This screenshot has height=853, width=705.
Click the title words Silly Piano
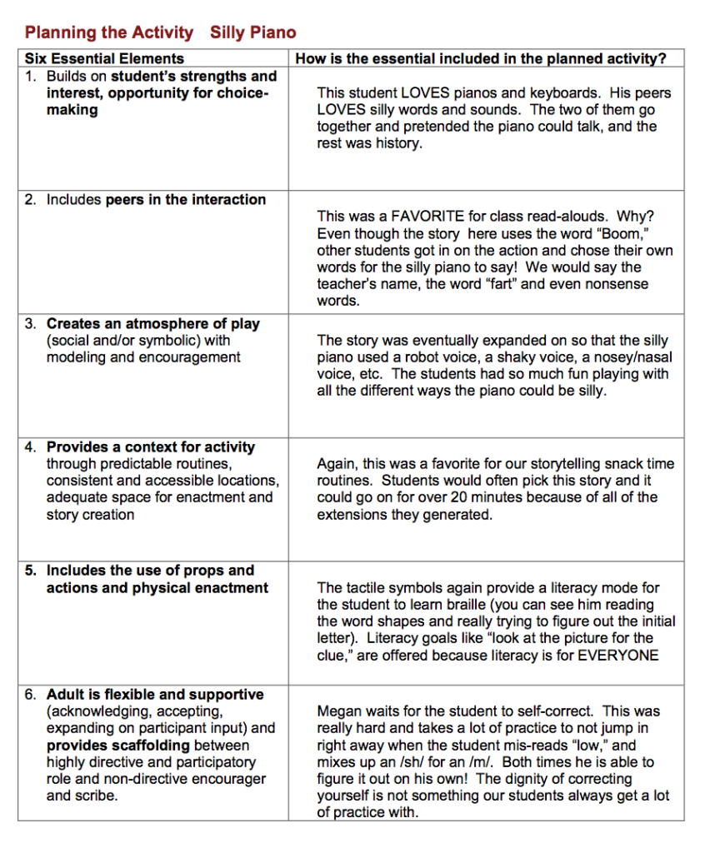(x=252, y=33)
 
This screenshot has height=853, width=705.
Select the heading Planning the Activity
(x=108, y=33)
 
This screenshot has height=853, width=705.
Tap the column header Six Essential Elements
(x=104, y=59)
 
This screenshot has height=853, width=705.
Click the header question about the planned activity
(x=481, y=59)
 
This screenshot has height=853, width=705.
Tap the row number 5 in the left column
(x=30, y=571)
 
